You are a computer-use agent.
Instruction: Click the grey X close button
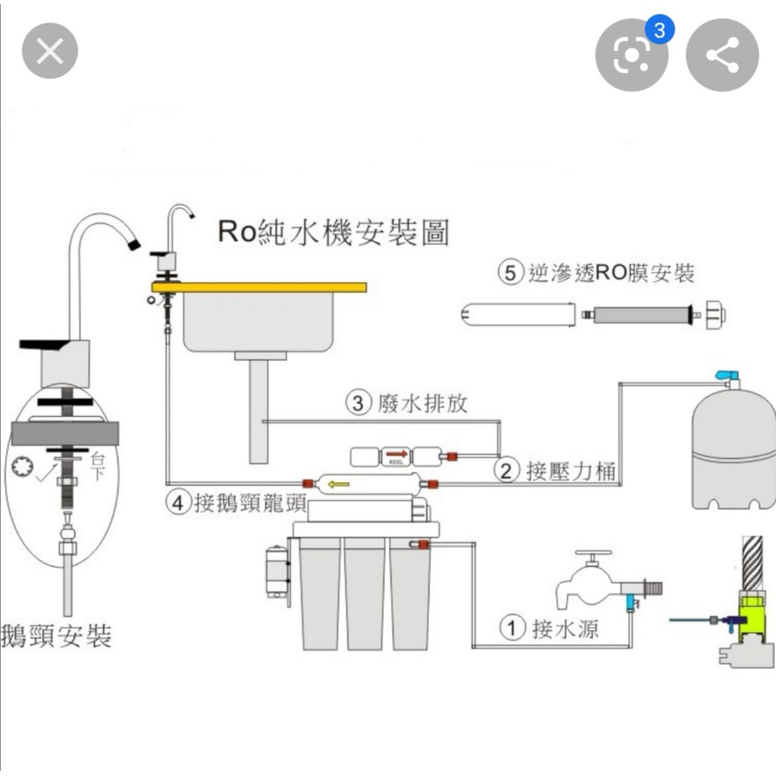50,51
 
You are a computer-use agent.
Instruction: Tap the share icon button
721,55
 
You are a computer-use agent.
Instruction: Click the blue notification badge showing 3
659,30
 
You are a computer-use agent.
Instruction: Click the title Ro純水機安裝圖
333,231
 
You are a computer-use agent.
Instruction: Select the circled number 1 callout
513,628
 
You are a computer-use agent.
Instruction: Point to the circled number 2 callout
506,471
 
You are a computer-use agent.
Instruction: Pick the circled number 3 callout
358,402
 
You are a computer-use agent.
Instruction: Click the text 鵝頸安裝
57,635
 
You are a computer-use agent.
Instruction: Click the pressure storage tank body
734,447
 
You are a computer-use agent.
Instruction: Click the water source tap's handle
593,555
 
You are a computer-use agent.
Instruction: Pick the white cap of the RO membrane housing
715,312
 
